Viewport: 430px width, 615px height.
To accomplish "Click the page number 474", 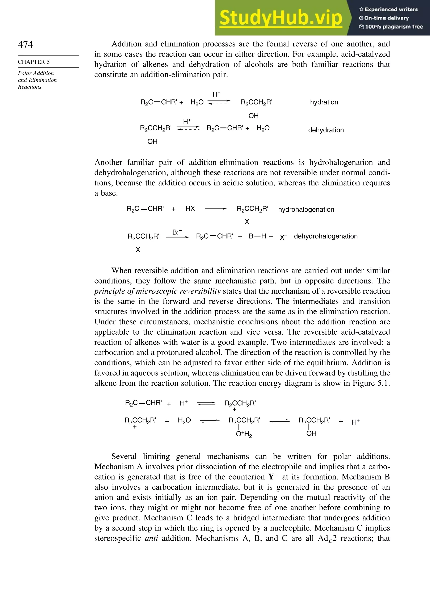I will coord(25,45).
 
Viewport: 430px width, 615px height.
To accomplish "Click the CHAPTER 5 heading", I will coord(34,62).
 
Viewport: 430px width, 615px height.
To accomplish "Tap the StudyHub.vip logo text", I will coord(281,18).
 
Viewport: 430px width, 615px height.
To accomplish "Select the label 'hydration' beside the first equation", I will coord(324,102).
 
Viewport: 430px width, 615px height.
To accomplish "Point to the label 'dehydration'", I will coord(326,130).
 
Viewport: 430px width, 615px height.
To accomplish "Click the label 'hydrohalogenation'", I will coord(306,210).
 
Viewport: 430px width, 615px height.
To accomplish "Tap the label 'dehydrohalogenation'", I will coord(326,236).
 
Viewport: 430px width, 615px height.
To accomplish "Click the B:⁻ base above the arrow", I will coord(177,232).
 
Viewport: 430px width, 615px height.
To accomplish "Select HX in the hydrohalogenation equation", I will coord(190,209).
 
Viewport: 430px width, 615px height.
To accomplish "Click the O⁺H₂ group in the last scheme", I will coord(244,434).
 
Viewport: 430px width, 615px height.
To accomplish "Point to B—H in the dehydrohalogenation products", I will coord(257,236).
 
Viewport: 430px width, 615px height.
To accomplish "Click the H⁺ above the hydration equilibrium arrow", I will coord(216,94).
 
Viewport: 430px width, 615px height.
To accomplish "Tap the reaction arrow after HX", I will coord(215,209).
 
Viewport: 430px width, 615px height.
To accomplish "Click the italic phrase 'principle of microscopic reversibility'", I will coord(157,291).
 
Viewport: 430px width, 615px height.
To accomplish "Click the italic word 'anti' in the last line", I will coord(151,538).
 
